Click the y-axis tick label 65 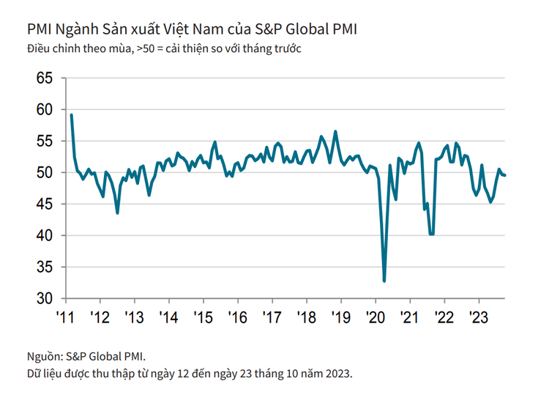[x=42, y=78]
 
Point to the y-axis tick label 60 [x=42, y=109]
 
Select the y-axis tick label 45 [x=42, y=204]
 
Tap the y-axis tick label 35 [x=42, y=267]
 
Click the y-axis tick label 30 [x=42, y=299]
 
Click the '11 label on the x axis [x=65, y=317]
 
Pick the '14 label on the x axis [x=168, y=317]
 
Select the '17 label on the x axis [x=272, y=317]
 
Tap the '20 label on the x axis [x=375, y=317]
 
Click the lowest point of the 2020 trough [x=384, y=281]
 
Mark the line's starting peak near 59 [x=71, y=115]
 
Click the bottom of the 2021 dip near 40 [x=431, y=234]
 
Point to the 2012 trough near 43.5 [x=117, y=213]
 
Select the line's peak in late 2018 [x=335, y=132]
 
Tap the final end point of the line [x=506, y=174]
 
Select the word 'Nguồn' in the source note [x=42, y=357]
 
